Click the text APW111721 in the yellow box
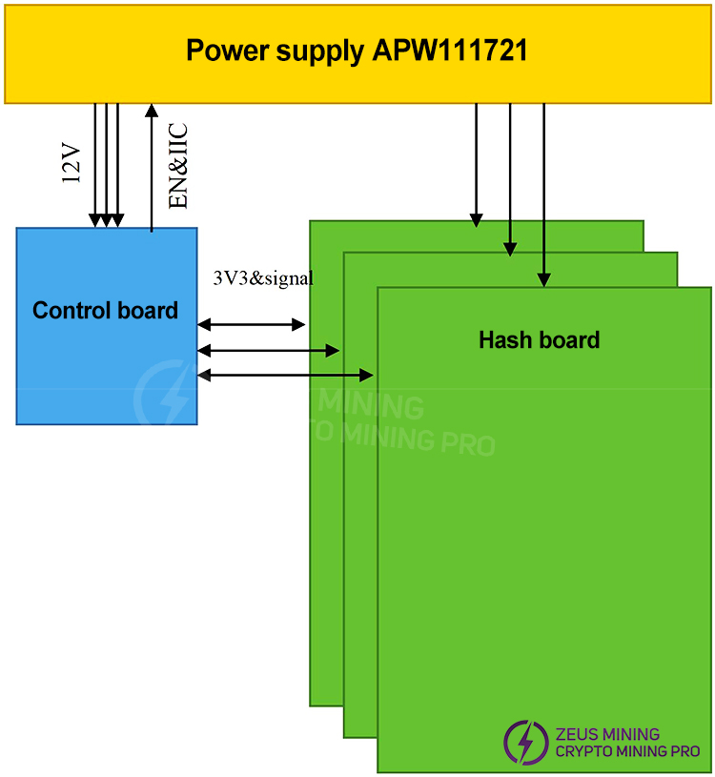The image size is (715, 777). [451, 51]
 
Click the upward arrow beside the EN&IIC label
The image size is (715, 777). [152, 167]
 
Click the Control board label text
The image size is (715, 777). [105, 311]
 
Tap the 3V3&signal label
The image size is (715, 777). [263, 278]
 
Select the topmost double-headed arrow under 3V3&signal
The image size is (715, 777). [251, 325]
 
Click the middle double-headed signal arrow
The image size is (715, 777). [268, 351]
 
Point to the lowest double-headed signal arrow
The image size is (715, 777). [285, 375]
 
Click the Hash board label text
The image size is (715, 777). [539, 340]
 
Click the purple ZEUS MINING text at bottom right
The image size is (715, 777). [606, 734]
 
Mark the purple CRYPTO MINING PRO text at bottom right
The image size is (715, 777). [626, 751]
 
